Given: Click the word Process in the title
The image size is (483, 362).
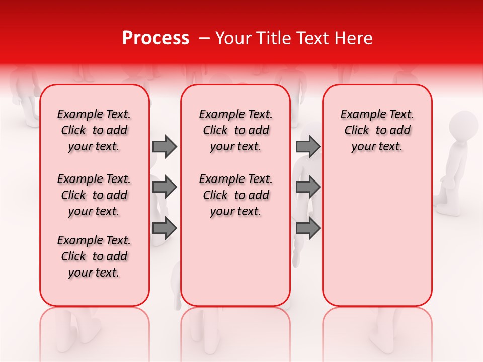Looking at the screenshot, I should click(155, 38).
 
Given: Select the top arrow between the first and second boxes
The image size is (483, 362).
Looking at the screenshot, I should click(165, 146).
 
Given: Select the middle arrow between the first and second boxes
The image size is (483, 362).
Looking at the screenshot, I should click(165, 187).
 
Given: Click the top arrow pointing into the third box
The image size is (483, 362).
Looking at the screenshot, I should click(308, 146).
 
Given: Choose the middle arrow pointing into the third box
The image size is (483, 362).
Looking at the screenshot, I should click(308, 187).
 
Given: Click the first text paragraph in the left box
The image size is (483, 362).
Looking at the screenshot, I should click(94, 130).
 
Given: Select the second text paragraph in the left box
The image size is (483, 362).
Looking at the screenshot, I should click(94, 195).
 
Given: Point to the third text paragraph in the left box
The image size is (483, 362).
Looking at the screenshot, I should click(94, 256).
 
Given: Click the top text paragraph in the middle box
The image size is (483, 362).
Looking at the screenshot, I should click(235, 130).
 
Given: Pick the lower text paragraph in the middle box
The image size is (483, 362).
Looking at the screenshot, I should click(235, 195).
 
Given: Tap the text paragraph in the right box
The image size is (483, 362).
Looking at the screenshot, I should click(377, 130).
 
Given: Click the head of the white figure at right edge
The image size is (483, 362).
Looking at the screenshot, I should click(463, 125).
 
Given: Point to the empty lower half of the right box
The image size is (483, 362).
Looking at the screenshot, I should click(377, 236).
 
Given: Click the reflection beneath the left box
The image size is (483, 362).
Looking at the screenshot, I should click(94, 329).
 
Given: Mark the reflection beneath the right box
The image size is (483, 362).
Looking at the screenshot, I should click(377, 329).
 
